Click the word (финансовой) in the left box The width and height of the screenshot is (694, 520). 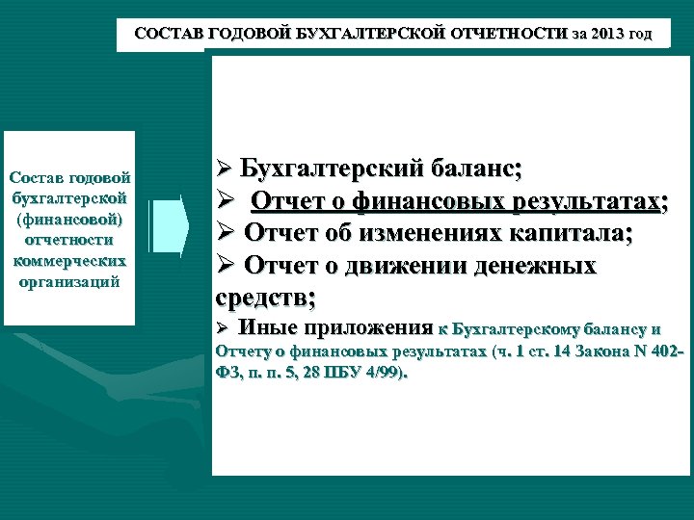69,220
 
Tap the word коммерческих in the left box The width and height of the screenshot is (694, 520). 69,261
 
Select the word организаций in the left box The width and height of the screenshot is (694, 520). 69,282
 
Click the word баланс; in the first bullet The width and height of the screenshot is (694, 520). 476,169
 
